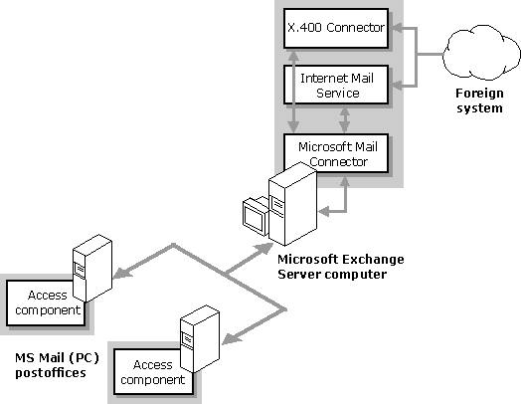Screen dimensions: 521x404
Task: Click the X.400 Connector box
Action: click(336, 28)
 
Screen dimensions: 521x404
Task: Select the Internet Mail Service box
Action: click(336, 85)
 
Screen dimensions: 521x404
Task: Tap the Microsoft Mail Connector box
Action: click(336, 153)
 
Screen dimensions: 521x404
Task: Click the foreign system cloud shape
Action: click(481, 53)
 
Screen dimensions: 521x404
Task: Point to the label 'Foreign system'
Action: click(479, 101)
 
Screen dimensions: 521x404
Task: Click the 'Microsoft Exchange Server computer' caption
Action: click(341, 267)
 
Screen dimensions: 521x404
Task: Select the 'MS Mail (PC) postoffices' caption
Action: click(57, 365)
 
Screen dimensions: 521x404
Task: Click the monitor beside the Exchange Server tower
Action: click(256, 217)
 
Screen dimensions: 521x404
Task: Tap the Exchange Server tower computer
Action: click(292, 204)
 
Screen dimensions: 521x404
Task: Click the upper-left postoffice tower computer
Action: click(92, 268)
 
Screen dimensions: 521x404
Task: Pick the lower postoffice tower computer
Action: click(200, 339)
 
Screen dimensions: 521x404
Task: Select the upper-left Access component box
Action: click(46, 303)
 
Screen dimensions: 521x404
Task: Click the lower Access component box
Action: click(153, 372)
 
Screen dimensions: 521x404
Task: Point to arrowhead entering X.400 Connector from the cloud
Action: click(397, 28)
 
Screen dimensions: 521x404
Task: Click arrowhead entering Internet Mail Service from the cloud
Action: click(397, 86)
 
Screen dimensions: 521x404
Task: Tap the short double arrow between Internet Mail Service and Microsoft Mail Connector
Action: click(345, 119)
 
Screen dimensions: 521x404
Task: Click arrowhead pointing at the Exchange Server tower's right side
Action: click(323, 211)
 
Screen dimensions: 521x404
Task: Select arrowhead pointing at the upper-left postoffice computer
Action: click(121, 273)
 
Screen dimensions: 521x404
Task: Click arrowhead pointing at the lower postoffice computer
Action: click(231, 338)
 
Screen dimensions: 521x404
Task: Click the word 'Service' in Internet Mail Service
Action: click(338, 93)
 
